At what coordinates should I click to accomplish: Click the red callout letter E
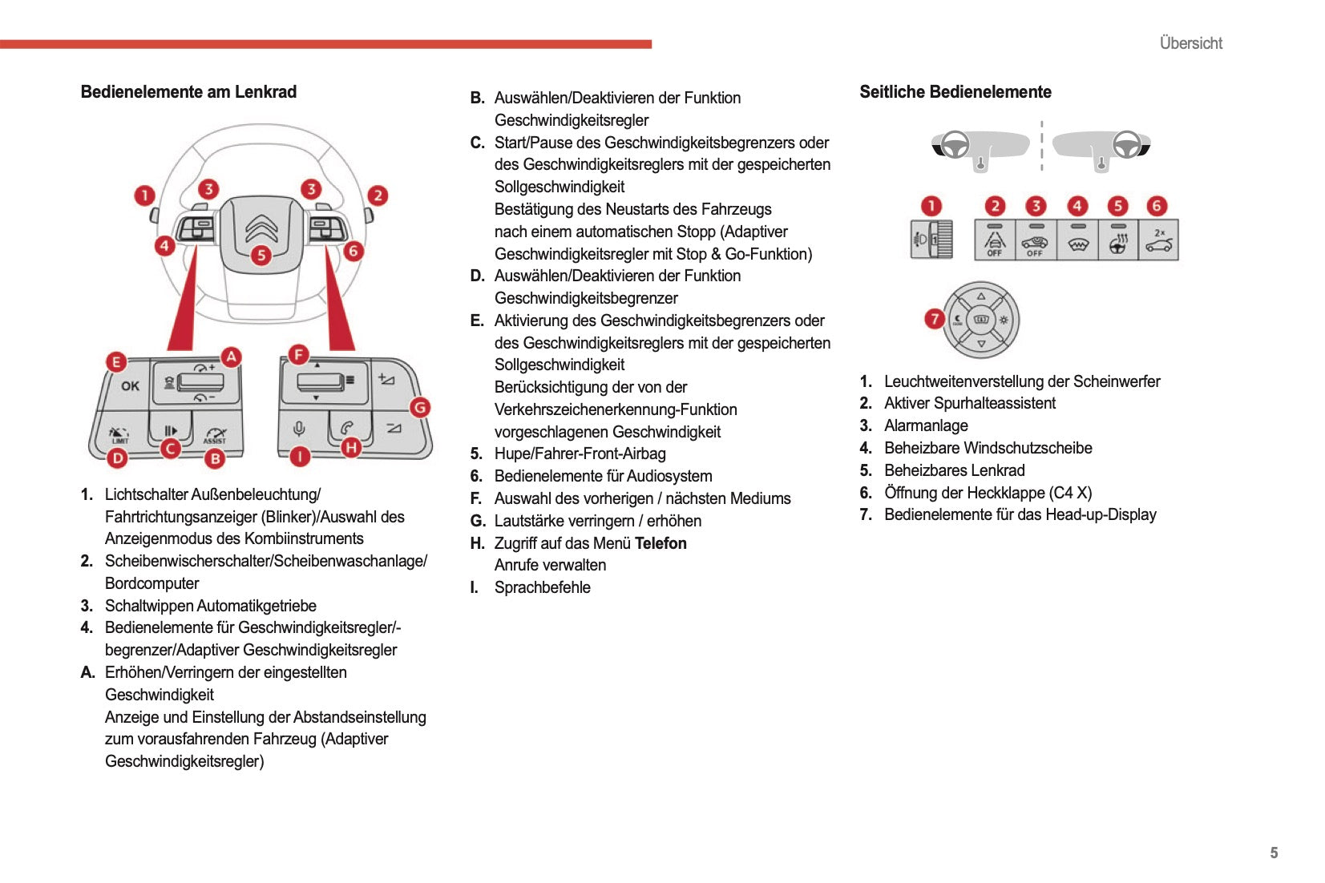coord(116,362)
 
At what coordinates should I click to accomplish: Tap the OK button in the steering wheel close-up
coord(130,386)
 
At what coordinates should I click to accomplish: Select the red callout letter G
coord(419,407)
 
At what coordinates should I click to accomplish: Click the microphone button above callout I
coord(300,429)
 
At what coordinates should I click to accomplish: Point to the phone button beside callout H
coord(347,428)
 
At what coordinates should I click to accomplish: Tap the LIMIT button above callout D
coord(120,434)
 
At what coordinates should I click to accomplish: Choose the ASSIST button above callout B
coord(214,433)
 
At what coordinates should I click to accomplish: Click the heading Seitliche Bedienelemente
coord(955,92)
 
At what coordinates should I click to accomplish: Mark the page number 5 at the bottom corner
coord(1274,853)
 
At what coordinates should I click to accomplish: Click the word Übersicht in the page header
coord(1190,43)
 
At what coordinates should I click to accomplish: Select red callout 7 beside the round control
coord(934,319)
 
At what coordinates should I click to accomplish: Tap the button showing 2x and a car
coord(1159,240)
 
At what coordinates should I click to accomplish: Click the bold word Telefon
coord(660,543)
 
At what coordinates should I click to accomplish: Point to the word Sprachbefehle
coord(542,587)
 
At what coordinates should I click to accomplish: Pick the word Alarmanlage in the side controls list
coord(926,425)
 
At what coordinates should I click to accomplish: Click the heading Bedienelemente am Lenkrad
coord(188,92)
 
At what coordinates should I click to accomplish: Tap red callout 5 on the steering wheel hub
coord(261,256)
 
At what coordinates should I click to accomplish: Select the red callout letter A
coord(231,357)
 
